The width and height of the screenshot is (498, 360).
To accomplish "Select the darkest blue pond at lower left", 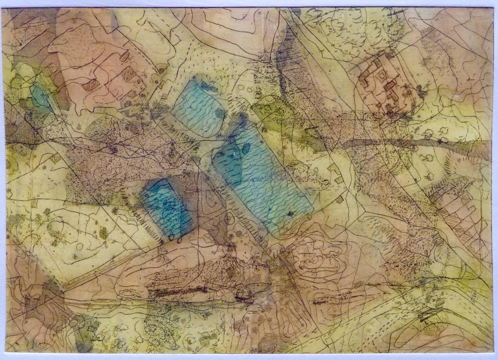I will [166, 208].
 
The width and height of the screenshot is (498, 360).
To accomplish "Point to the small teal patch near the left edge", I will [41, 97].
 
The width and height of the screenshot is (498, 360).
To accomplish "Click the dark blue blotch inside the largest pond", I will [229, 161].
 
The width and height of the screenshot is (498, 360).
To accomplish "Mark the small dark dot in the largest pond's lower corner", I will [290, 213].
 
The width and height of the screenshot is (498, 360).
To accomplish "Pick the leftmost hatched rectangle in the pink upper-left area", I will [91, 85].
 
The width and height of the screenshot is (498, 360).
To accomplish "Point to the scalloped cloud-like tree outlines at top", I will [350, 29].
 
